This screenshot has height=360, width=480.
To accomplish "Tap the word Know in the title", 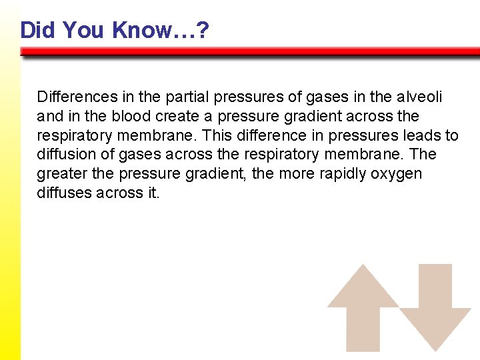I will pyautogui.click(x=143, y=30).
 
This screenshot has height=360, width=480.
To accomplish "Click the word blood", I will pyautogui.click(x=131, y=116).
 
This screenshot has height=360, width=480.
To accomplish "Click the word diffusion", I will pyautogui.click(x=63, y=155).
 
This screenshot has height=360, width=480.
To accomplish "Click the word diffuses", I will pyautogui.click(x=64, y=193).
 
